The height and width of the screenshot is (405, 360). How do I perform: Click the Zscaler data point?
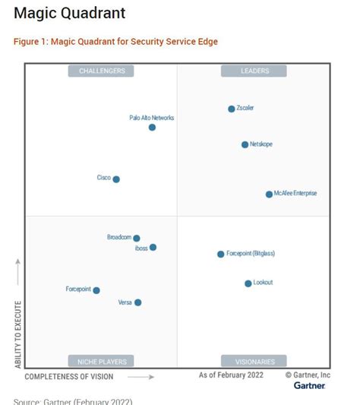tap(232, 109)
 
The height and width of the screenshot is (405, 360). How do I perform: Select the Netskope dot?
tap(245, 144)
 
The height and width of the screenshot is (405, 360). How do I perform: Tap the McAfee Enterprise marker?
tap(269, 194)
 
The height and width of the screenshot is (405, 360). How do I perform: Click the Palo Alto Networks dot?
tap(152, 127)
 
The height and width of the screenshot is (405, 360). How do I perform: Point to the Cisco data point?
tap(116, 179)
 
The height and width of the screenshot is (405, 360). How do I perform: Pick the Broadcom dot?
tap(137, 238)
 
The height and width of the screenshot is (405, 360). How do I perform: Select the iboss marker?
tap(153, 247)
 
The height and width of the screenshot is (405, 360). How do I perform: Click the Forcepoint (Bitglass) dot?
tap(221, 254)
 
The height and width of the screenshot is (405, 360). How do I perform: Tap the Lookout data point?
tap(248, 283)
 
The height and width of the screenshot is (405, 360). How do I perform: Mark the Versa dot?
tap(137, 302)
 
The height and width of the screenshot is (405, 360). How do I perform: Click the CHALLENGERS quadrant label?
tap(102, 71)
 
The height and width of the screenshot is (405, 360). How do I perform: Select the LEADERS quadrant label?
tap(254, 71)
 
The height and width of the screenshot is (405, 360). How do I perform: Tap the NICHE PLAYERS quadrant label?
tap(102, 361)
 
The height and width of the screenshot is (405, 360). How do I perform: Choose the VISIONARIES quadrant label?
tap(254, 361)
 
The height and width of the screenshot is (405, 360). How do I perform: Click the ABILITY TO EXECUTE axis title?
tap(17, 334)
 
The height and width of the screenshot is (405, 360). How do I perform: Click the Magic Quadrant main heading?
tap(70, 14)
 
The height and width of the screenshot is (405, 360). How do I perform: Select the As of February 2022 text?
tap(232, 375)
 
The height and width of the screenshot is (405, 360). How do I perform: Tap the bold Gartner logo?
tap(309, 385)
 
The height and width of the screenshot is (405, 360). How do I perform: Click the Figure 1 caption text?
tap(115, 41)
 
